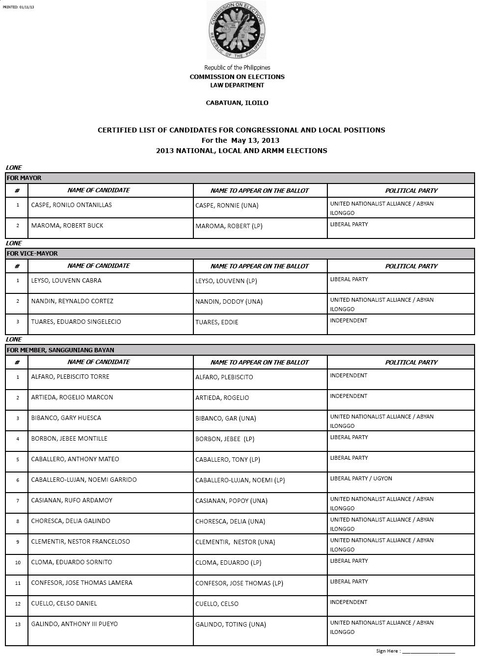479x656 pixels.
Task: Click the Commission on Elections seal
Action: pyautogui.click(x=237, y=30)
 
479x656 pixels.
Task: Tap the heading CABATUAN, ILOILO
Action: pyautogui.click(x=237, y=103)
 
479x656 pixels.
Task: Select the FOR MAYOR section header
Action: pyautogui.click(x=24, y=178)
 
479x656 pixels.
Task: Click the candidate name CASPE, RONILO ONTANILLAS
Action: pyautogui.click(x=71, y=205)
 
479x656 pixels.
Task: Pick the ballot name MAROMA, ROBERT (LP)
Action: pyautogui.click(x=228, y=226)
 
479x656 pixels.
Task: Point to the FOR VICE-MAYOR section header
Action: pyautogui.click(x=32, y=254)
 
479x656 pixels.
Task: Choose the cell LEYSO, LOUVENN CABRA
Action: pyautogui.click(x=66, y=281)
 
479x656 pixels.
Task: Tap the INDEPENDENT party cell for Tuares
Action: pyautogui.click(x=348, y=321)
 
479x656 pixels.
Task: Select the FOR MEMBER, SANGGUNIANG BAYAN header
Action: pyautogui.click(x=60, y=350)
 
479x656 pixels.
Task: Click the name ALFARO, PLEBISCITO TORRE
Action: pyautogui.click(x=70, y=377)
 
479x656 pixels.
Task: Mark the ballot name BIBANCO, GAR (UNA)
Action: pyautogui.click(x=226, y=419)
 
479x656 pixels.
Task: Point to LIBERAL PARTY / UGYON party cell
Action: pyautogui.click(x=361, y=478)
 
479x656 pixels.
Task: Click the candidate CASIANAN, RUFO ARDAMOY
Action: pyautogui.click(x=72, y=500)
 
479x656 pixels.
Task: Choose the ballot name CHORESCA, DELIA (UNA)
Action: pyautogui.click(x=230, y=522)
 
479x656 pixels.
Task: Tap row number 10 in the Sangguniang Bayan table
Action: pyautogui.click(x=18, y=562)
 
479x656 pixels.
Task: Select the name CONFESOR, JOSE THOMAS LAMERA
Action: pyautogui.click(x=81, y=583)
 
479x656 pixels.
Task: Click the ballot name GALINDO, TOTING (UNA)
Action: pyautogui.click(x=231, y=625)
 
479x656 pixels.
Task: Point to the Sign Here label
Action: pyautogui.click(x=388, y=651)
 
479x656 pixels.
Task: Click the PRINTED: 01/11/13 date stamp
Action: pyautogui.click(x=19, y=7)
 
